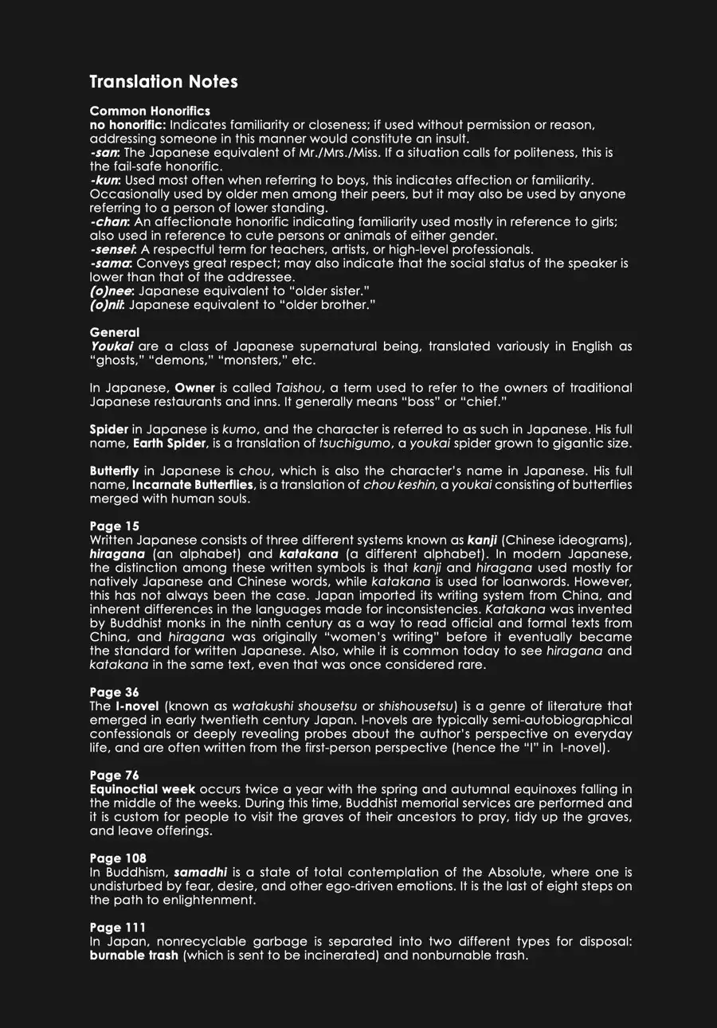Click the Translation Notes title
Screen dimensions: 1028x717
(163, 82)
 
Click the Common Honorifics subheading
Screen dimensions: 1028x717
(150, 111)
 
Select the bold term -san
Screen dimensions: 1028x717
(104, 153)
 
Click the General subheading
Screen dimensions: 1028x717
(115, 333)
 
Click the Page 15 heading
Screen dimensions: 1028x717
(115, 526)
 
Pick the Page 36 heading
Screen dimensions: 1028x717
(115, 692)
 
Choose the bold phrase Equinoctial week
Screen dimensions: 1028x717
(143, 789)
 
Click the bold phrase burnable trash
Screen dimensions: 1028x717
(134, 956)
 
